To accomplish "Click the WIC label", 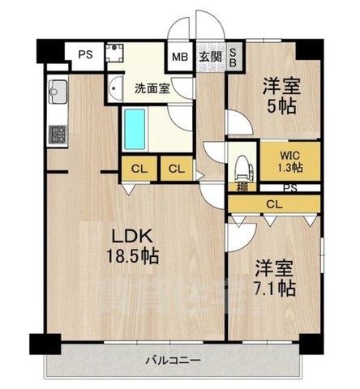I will (288, 153).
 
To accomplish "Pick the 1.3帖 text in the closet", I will (288, 167).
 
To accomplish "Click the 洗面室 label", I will (152, 88).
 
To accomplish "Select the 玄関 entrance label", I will (209, 58).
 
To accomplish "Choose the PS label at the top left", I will (85, 55).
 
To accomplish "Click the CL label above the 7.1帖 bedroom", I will (274, 203).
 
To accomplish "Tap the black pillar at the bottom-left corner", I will (38, 344).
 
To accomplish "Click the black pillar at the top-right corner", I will (310, 46).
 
